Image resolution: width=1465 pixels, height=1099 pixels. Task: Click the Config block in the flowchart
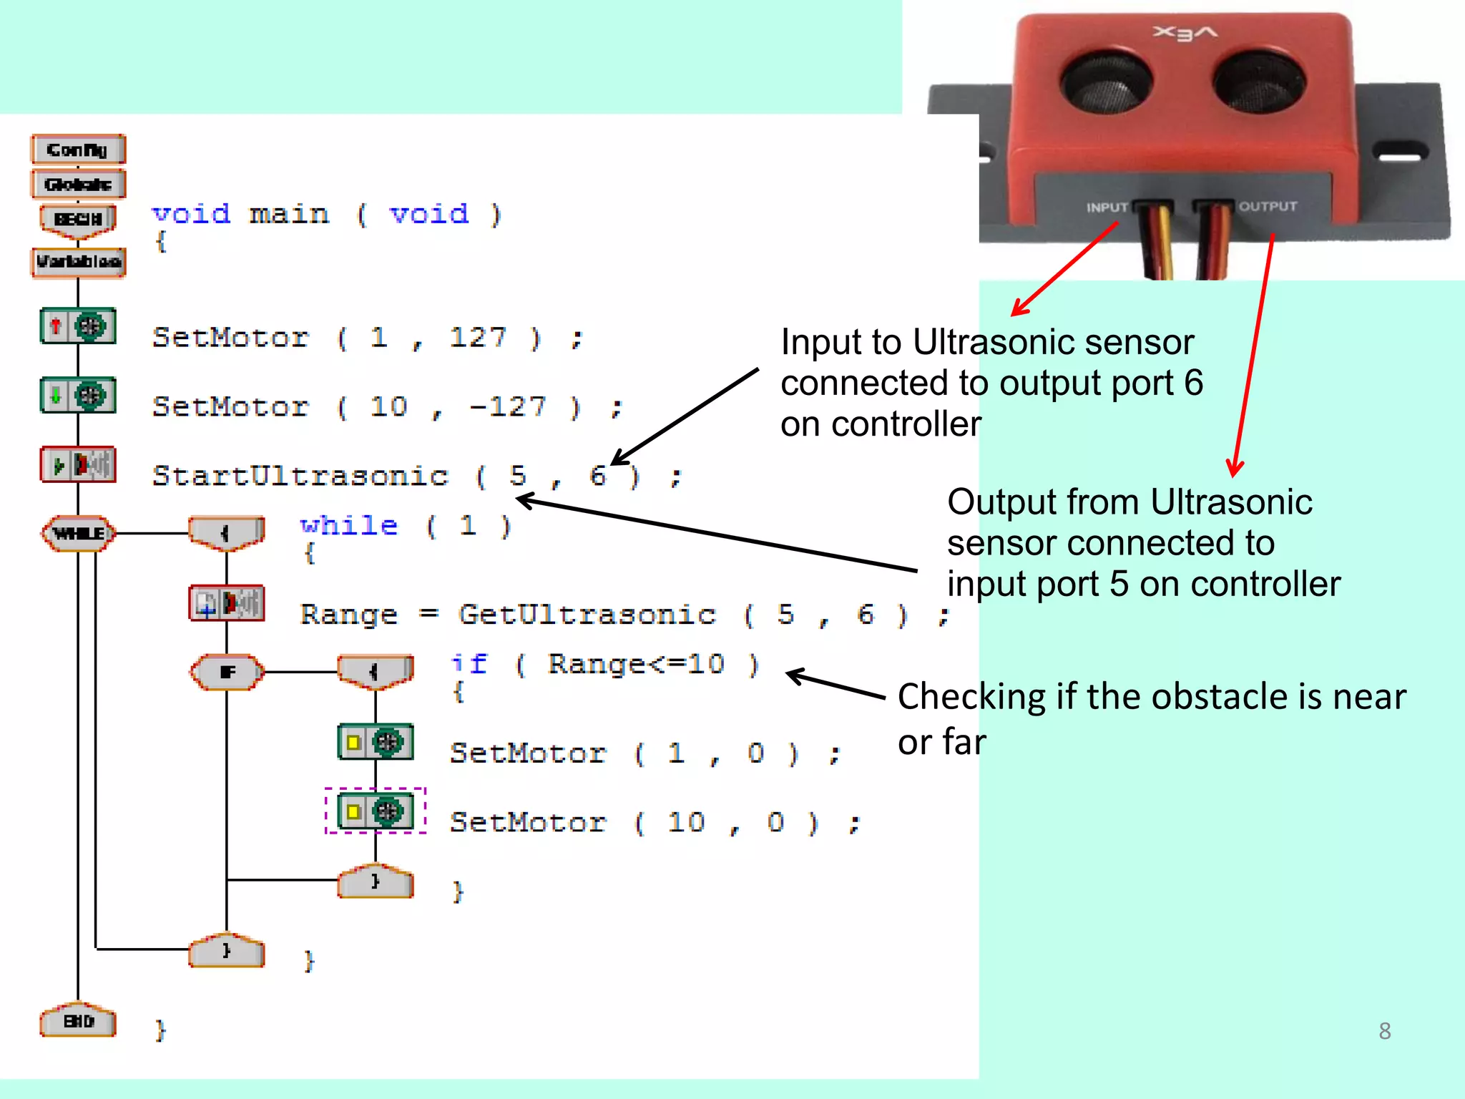coord(78,150)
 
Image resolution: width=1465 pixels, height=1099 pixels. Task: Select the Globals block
coord(78,185)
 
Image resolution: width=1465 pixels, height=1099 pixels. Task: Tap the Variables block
coord(78,261)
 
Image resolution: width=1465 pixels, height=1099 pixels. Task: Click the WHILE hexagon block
coord(78,533)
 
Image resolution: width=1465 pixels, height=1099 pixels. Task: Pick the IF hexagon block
coord(227,672)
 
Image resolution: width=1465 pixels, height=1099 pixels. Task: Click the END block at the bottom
coord(78,1021)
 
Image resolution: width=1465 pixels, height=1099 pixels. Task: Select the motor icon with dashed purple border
coord(376,811)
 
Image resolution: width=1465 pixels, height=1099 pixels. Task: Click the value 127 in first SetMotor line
coord(478,337)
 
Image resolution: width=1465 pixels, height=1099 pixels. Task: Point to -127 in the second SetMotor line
coord(509,406)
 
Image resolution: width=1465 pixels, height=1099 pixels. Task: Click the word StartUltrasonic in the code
coord(300,476)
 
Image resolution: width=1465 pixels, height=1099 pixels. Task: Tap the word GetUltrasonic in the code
coord(587,615)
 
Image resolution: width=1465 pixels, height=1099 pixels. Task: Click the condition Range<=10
coord(636,664)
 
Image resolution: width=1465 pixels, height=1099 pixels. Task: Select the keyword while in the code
coord(348,526)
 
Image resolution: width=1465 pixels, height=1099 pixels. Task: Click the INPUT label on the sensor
coord(1106,207)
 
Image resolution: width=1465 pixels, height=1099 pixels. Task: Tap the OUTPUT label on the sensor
coord(1268,207)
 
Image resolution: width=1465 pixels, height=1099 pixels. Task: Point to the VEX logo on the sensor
coord(1185,33)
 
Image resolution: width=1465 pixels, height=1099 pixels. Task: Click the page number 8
coord(1384,1031)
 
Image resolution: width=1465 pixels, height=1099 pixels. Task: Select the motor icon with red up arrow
coord(78,326)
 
